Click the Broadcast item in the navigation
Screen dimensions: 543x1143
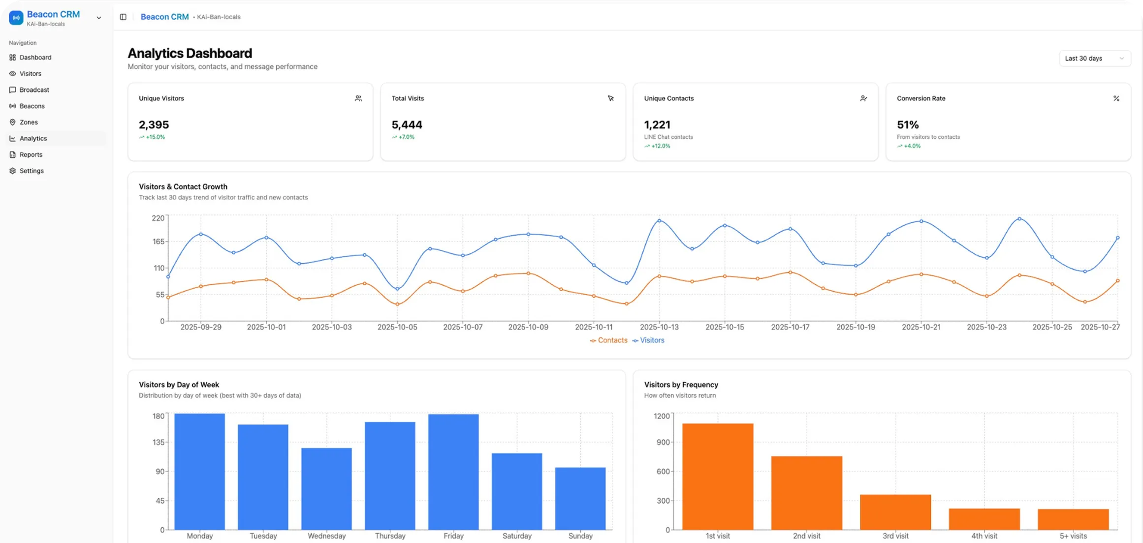click(x=34, y=90)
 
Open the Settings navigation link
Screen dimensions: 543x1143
click(x=32, y=171)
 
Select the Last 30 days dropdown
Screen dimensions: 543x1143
click(x=1094, y=59)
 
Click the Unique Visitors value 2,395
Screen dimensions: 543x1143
click(x=154, y=125)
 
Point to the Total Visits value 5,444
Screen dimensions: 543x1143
click(x=407, y=125)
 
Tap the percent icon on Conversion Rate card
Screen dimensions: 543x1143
click(x=1116, y=98)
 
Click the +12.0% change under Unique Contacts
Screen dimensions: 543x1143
click(x=660, y=146)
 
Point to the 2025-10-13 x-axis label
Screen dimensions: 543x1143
click(x=659, y=327)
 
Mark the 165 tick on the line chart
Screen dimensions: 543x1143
click(x=159, y=241)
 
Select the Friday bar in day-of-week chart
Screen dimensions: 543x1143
click(x=453, y=472)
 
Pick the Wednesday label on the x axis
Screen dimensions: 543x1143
click(x=327, y=536)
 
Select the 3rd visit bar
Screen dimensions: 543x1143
click(x=895, y=512)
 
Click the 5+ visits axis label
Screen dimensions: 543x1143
click(x=1073, y=536)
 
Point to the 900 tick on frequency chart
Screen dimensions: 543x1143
click(x=663, y=442)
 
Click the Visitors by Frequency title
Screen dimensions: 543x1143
click(x=681, y=385)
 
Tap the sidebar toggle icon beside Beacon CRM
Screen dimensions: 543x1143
click(x=123, y=17)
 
